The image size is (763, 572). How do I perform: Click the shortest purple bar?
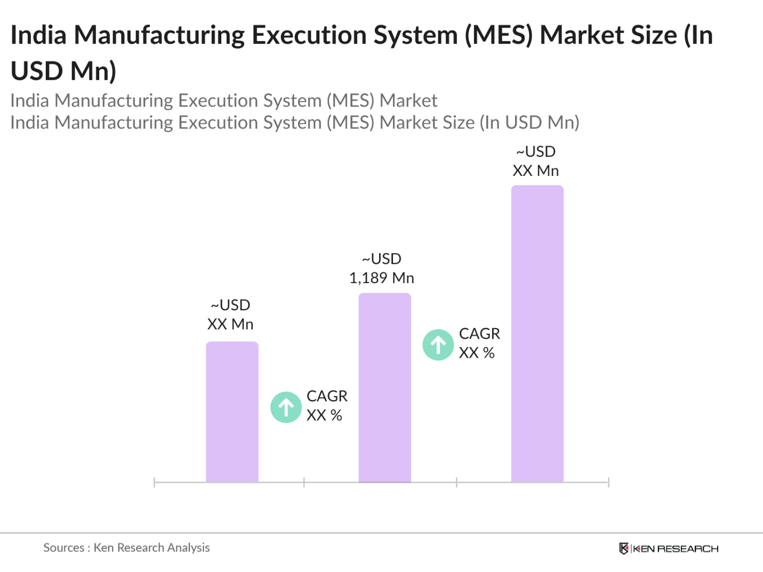tap(232, 412)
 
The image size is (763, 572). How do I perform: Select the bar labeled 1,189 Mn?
tap(384, 388)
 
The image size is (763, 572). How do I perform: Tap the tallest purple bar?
tap(537, 334)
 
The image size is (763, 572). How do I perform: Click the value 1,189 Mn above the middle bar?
tap(381, 278)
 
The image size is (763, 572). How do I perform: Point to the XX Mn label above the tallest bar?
tap(535, 171)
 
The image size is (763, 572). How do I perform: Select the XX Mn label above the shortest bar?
tap(230, 324)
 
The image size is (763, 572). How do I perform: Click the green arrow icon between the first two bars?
tap(286, 407)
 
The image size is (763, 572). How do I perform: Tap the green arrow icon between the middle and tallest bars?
tap(438, 345)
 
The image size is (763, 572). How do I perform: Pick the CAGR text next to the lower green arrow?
tap(327, 396)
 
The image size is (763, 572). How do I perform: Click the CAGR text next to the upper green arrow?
tap(479, 334)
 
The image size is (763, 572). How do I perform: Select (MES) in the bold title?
tap(499, 35)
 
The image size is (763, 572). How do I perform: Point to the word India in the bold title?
tap(38, 35)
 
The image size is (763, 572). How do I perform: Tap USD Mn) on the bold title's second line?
tap(63, 71)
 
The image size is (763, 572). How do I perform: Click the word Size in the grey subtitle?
tap(456, 123)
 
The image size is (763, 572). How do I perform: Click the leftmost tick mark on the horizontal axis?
tap(154, 482)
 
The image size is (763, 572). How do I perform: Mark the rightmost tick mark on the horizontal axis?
tap(608, 482)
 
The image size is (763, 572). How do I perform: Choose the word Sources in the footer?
tap(63, 547)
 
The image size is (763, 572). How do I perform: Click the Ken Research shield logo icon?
tap(623, 549)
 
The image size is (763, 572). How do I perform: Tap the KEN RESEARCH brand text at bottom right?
tap(676, 549)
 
